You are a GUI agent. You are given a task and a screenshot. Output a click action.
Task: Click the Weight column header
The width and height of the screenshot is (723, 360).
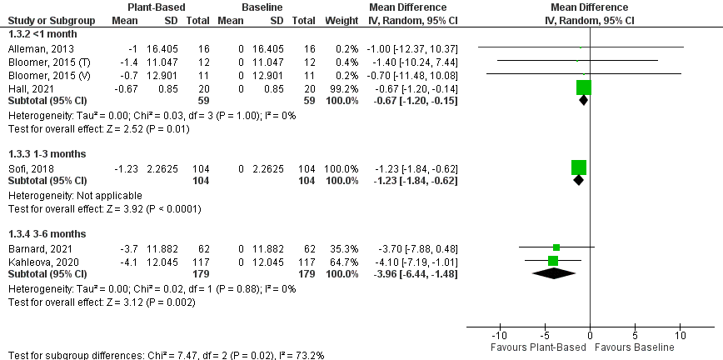343,19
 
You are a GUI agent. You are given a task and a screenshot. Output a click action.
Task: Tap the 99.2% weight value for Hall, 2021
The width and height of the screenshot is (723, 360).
345,89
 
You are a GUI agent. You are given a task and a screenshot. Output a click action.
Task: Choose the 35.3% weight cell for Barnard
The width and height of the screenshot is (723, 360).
345,248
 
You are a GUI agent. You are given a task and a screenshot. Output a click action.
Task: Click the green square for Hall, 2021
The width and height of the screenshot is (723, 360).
583,87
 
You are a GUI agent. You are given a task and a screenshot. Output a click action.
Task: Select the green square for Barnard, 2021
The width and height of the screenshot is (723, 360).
556,247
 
